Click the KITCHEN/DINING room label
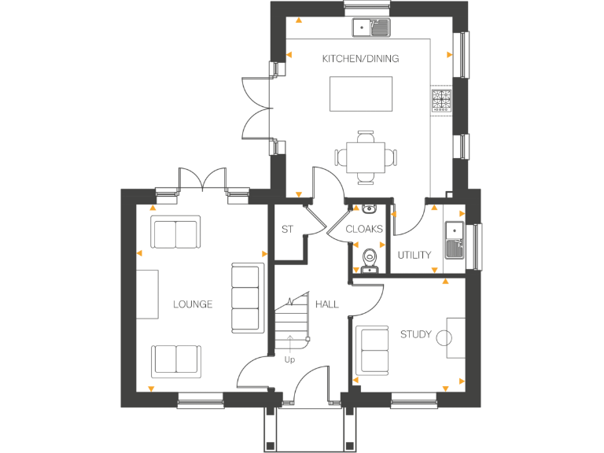point(360,59)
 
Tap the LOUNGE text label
point(193,304)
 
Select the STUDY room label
point(415,334)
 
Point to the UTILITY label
point(414,255)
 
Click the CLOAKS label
point(364,230)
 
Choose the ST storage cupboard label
point(287,230)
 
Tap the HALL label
point(327,304)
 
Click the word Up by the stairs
point(290,359)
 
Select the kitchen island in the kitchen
point(360,94)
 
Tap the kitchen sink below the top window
point(370,28)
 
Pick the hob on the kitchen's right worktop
point(441,101)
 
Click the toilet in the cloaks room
point(369,258)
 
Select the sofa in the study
point(373,349)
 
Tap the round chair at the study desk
point(444,337)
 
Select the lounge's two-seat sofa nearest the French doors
point(175,234)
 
